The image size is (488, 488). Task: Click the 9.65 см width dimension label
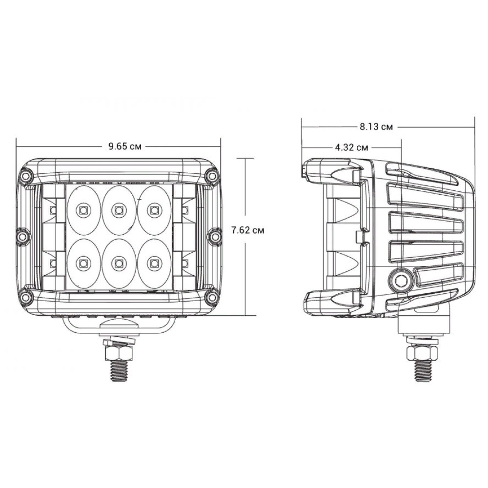pyautogui.click(x=125, y=146)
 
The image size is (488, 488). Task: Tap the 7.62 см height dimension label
pyautogui.click(x=247, y=230)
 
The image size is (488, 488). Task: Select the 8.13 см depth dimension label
pyautogui.click(x=376, y=127)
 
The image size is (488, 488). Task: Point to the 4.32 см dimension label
pyautogui.click(x=351, y=147)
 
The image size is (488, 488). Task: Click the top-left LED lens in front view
pyautogui.click(x=83, y=209)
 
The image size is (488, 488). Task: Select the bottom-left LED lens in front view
pyautogui.click(x=83, y=264)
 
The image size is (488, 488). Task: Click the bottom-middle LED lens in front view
pyautogui.click(x=118, y=264)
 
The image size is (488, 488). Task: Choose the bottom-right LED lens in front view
pyautogui.click(x=154, y=264)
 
